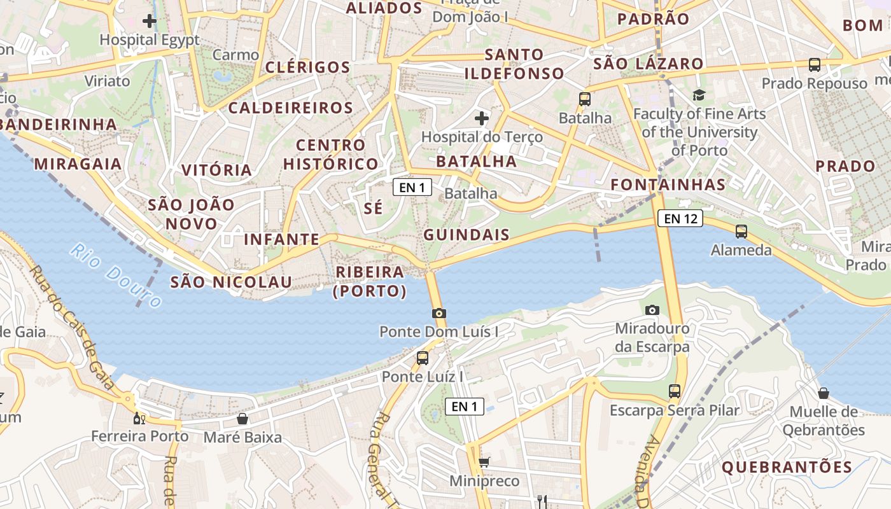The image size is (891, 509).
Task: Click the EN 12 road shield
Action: tap(680, 219)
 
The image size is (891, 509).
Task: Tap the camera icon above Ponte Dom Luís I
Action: tap(438, 313)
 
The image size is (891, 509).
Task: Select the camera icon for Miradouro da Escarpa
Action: tap(652, 310)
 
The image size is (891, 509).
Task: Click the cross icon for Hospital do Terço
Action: tap(482, 118)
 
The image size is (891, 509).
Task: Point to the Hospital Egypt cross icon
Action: tap(150, 21)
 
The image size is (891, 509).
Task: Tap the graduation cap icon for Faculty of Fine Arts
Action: tap(699, 95)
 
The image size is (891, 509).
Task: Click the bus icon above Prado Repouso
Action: tap(814, 64)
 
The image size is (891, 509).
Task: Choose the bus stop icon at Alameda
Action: tap(741, 231)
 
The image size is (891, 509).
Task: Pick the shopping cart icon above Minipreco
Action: tap(484, 462)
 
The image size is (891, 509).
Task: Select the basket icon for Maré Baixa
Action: tap(242, 419)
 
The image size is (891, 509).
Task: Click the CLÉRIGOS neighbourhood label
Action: tap(307, 67)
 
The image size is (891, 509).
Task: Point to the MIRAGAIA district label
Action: tap(78, 164)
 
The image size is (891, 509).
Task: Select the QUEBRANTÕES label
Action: tap(787, 467)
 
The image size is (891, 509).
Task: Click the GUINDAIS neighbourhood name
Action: tap(467, 234)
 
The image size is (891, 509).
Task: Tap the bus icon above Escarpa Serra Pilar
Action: tap(675, 391)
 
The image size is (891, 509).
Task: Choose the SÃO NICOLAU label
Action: tap(231, 282)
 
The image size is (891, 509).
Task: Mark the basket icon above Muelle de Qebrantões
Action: tap(824, 393)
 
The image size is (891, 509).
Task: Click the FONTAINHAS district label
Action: tap(668, 185)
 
